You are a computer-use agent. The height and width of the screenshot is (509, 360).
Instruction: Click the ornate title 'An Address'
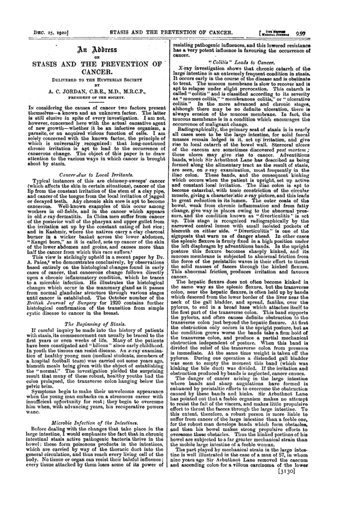click(x=87, y=50)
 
